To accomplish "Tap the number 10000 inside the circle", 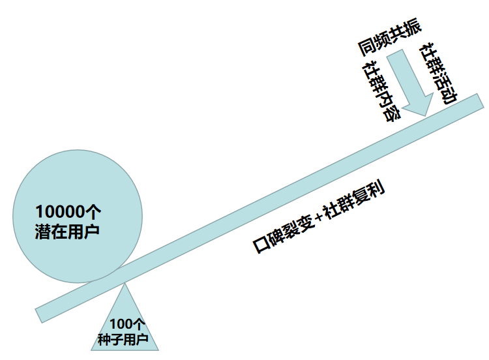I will tap(60, 212).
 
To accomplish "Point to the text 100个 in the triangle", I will tap(126, 325).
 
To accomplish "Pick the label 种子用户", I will tap(123, 340).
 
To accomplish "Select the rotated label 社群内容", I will tap(381, 91).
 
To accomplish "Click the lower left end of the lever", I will tap(41, 314).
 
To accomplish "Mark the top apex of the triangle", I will tap(125, 282).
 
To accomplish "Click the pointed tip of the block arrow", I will tap(425, 115).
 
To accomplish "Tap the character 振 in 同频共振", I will tap(413, 28).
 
